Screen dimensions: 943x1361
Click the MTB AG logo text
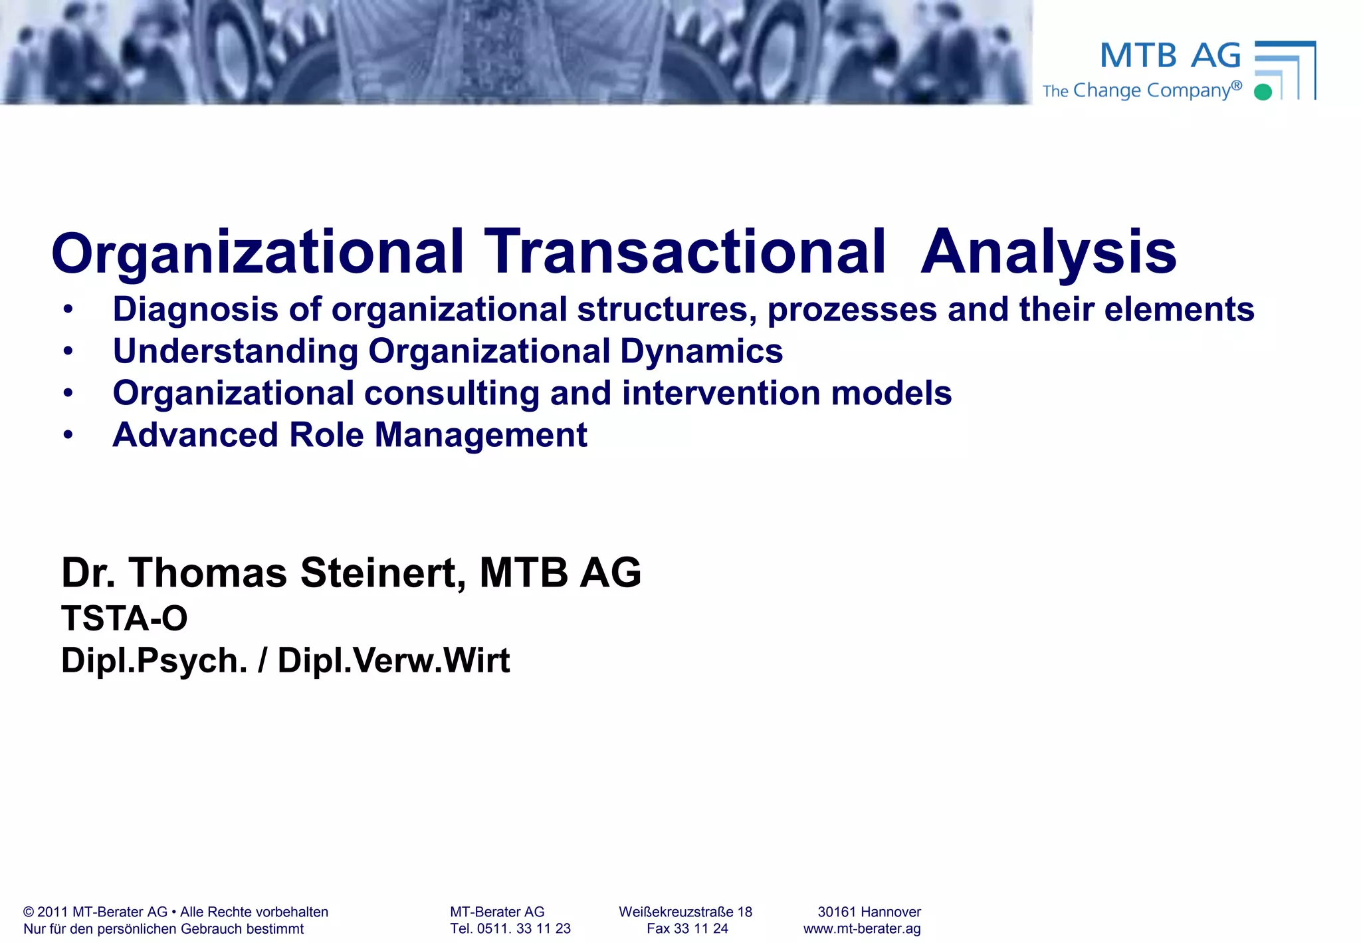tap(1170, 56)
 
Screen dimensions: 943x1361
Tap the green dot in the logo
tap(1263, 92)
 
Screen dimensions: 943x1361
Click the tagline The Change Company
tap(1142, 90)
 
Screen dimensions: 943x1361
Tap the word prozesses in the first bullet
tap(852, 310)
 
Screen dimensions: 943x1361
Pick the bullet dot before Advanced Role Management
tap(68, 435)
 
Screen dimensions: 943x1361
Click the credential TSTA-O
tap(124, 618)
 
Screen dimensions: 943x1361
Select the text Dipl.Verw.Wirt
tap(393, 661)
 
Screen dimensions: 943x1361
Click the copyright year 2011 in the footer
tap(52, 912)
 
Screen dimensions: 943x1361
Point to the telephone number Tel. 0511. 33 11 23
tap(510, 928)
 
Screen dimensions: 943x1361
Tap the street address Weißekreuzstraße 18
tap(685, 912)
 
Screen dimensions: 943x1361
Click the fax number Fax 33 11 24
tap(687, 928)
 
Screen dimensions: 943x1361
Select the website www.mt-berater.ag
tap(862, 928)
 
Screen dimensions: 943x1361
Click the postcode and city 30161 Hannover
tap(869, 912)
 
